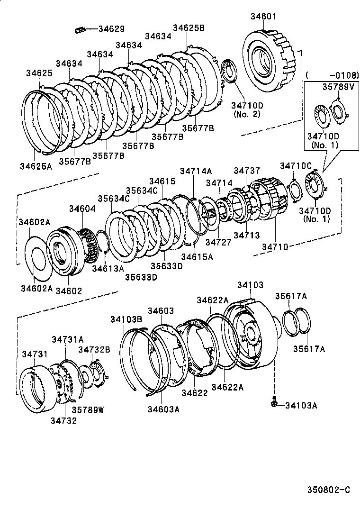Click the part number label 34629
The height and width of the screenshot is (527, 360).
[111, 29]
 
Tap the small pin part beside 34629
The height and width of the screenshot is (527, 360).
[79, 29]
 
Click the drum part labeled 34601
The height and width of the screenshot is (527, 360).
[268, 62]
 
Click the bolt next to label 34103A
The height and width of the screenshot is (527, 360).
[274, 403]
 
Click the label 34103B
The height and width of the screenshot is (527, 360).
[126, 319]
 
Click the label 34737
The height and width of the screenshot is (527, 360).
[246, 170]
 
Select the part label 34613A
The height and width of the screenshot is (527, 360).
[108, 268]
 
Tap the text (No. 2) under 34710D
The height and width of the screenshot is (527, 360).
[244, 114]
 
